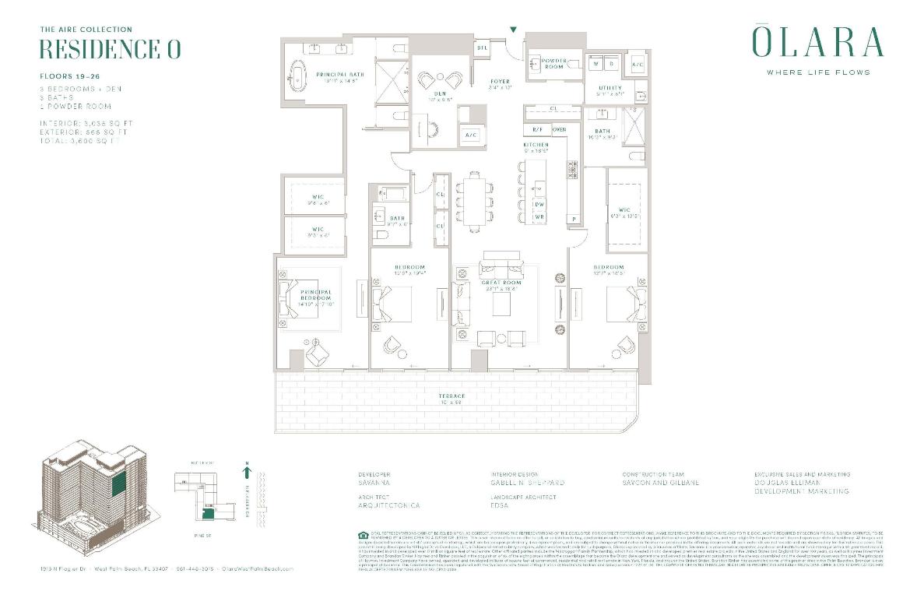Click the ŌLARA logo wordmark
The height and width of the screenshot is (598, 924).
pyautogui.click(x=817, y=43)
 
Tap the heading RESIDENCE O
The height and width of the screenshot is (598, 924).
pyautogui.click(x=110, y=49)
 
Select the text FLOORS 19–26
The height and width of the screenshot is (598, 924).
pyautogui.click(x=69, y=77)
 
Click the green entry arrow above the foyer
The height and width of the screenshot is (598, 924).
pyautogui.click(x=513, y=30)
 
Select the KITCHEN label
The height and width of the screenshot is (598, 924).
pyautogui.click(x=536, y=145)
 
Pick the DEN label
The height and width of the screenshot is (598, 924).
pyautogui.click(x=440, y=94)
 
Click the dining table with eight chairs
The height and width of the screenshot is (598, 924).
pyautogui.click(x=475, y=201)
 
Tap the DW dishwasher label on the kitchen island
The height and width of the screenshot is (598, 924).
pyautogui.click(x=539, y=204)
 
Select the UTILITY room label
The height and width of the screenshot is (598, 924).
pyautogui.click(x=610, y=88)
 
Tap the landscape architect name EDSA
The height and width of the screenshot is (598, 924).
pyautogui.click(x=501, y=505)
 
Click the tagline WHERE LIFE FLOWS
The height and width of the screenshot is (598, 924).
pyautogui.click(x=817, y=72)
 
